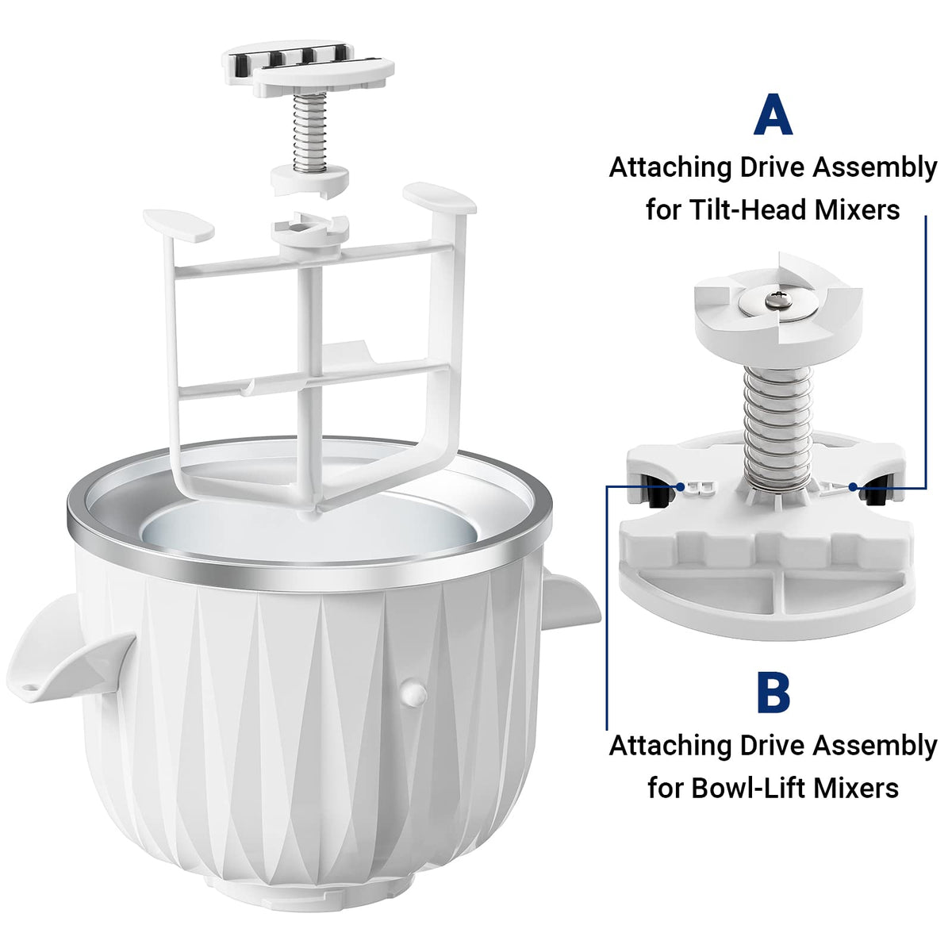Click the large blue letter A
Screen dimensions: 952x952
coord(773,117)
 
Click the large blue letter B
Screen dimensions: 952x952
coord(773,692)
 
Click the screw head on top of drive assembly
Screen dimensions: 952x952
coord(776,298)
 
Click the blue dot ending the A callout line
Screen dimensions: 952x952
coord(854,486)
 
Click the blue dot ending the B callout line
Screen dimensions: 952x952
coord(680,486)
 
